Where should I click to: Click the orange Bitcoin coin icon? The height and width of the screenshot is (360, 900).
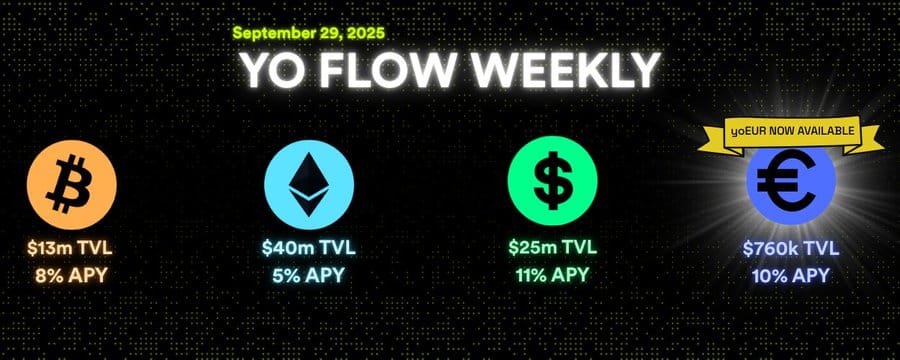[72, 185]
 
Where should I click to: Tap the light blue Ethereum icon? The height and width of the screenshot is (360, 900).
[309, 185]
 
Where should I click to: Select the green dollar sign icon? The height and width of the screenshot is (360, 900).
[553, 181]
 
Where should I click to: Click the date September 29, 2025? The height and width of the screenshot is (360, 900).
[309, 33]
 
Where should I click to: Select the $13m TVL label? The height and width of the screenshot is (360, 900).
[69, 249]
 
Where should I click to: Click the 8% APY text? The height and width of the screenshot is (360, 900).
[71, 276]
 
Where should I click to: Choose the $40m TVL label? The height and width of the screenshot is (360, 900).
[309, 249]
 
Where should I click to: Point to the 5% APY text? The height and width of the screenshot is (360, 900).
[309, 276]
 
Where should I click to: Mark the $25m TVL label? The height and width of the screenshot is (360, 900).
[553, 247]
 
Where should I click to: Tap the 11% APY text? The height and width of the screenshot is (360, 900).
[553, 275]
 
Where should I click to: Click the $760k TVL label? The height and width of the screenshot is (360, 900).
[791, 249]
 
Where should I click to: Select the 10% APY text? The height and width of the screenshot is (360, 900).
[791, 276]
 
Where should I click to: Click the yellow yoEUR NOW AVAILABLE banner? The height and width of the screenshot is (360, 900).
[791, 133]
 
